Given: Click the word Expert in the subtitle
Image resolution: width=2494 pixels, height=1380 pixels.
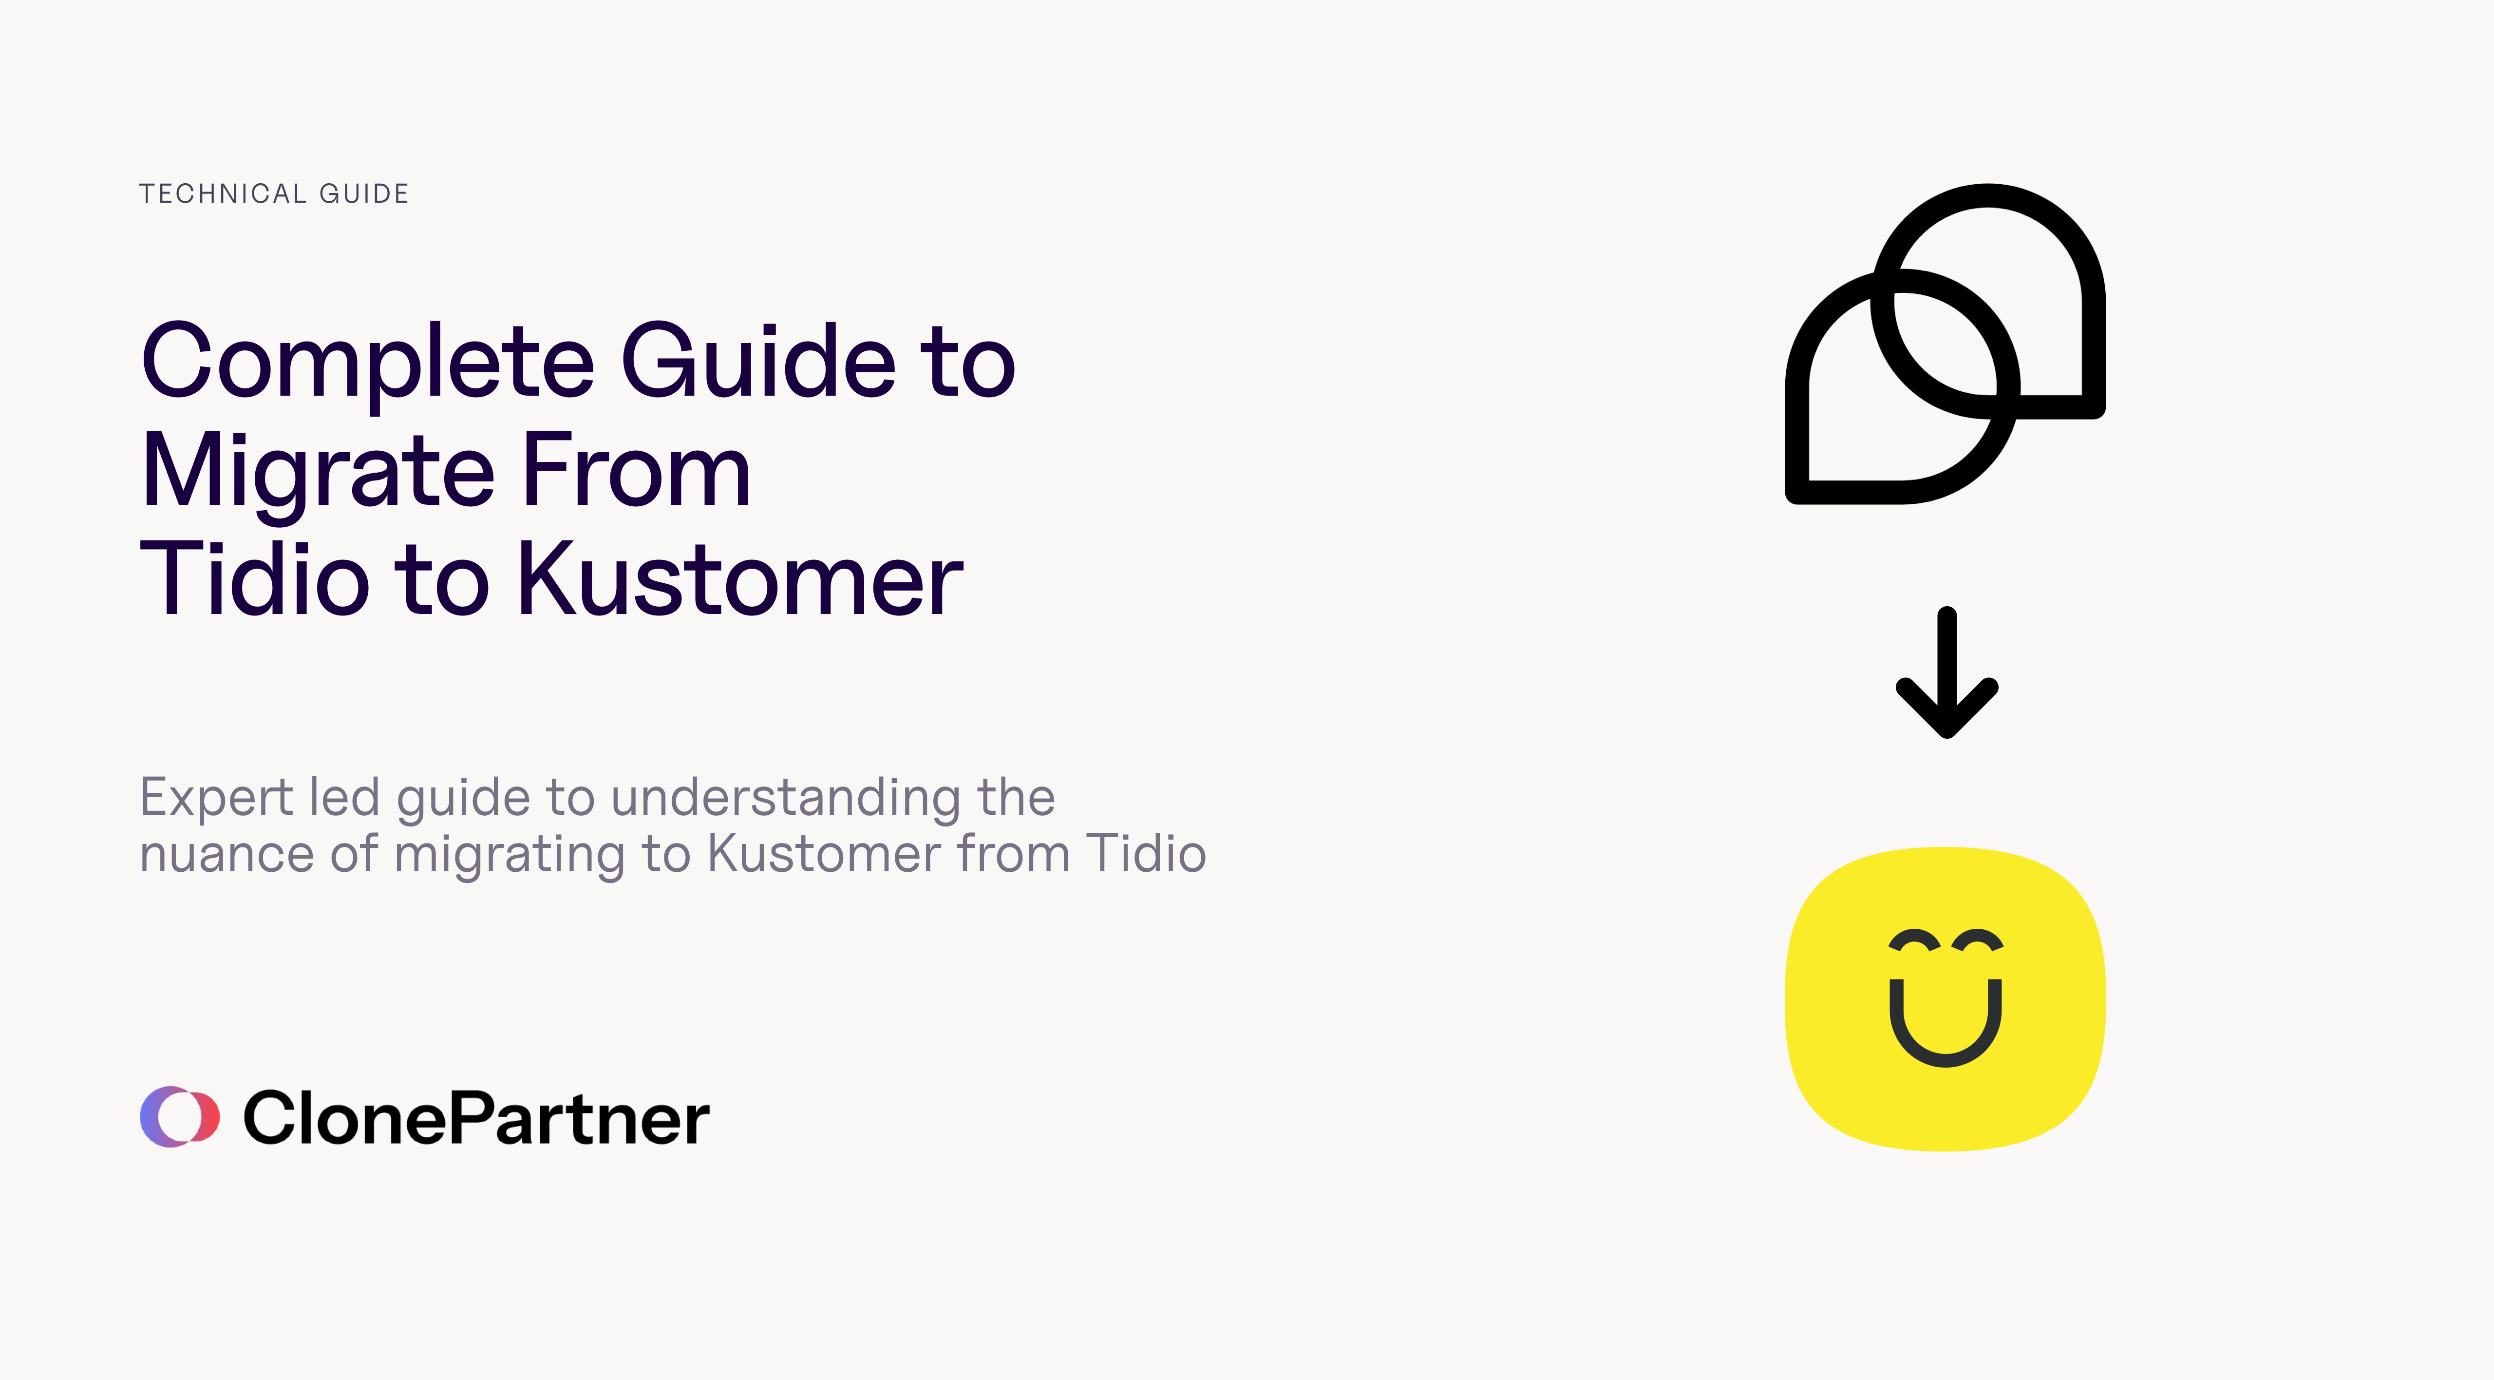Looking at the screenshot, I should [x=217, y=799].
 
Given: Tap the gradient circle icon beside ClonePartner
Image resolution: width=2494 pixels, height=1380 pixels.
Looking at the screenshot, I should [x=179, y=1116].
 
